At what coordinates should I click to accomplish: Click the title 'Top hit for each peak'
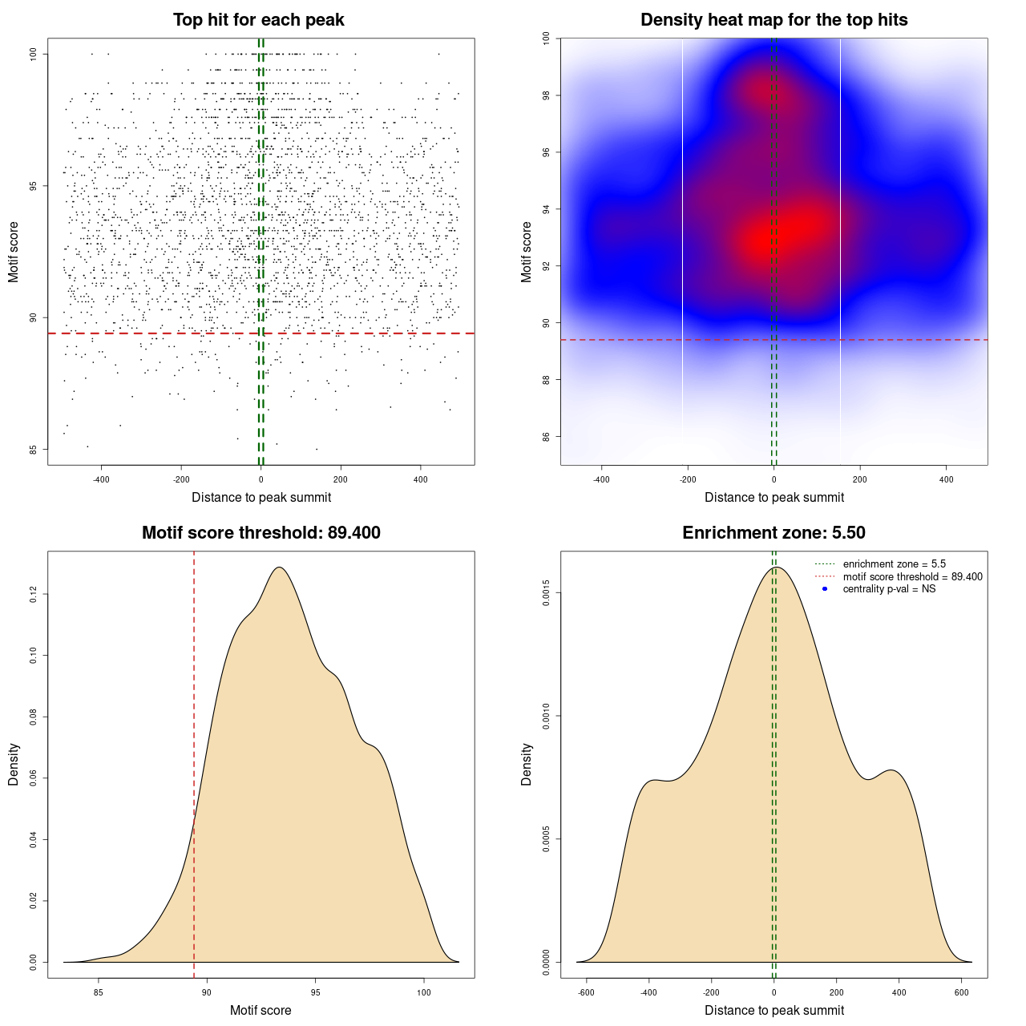[x=258, y=20]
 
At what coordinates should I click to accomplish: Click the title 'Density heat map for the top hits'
[x=774, y=20]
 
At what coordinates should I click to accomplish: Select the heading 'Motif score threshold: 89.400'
[x=261, y=533]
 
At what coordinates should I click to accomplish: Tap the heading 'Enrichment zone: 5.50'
[x=774, y=533]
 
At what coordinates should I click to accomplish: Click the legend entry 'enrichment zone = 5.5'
[x=894, y=564]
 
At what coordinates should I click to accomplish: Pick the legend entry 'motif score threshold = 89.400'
[x=912, y=577]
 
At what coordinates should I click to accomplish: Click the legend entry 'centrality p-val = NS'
[x=889, y=589]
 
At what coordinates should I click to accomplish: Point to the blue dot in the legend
[x=825, y=589]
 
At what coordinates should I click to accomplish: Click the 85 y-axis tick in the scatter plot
[x=34, y=449]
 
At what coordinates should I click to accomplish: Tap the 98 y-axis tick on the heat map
[x=547, y=95]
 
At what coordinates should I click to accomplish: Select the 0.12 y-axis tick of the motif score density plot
[x=34, y=594]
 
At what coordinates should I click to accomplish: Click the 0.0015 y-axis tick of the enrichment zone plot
[x=547, y=593]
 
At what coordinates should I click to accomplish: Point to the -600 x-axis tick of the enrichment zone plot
[x=586, y=992]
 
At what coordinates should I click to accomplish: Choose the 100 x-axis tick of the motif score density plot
[x=424, y=992]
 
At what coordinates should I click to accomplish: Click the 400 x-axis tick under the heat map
[x=947, y=479]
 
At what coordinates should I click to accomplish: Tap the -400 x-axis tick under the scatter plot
[x=101, y=479]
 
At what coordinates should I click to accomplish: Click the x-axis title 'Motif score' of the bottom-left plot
[x=261, y=1011]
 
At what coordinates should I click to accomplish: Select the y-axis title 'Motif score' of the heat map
[x=527, y=252]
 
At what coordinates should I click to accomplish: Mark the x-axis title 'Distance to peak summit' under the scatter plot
[x=261, y=498]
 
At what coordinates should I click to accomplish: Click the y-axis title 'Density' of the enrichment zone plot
[x=527, y=764]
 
